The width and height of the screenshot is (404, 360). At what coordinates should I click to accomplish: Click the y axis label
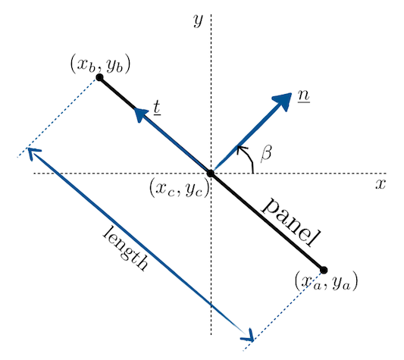coord(198,20)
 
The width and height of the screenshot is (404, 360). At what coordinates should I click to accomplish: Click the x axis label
coord(381,183)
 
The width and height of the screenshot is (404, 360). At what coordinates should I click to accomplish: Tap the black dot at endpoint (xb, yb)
coord(99,77)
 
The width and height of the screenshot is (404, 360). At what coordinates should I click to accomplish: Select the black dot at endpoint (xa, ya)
coord(324,270)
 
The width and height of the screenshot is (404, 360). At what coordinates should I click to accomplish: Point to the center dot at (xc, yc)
coord(211,174)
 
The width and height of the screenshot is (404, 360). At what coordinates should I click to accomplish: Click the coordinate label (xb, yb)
coord(100,64)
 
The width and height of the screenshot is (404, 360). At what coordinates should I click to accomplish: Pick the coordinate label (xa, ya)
coord(326,281)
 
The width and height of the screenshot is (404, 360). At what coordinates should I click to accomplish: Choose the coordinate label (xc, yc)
coord(180,188)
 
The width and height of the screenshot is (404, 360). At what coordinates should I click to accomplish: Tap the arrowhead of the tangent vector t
coord(140,114)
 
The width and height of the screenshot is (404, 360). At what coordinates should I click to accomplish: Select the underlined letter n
coord(304,95)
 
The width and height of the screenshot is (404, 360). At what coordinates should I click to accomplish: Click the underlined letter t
coord(157,107)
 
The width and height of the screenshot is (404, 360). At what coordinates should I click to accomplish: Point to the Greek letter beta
coord(266,154)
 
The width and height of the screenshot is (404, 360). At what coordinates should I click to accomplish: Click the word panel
coord(291,222)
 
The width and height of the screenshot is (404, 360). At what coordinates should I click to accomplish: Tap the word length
coord(126,248)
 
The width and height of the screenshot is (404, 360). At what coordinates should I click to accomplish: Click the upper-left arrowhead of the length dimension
coord(32,152)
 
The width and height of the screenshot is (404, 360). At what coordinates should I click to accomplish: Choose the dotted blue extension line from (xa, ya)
coord(283,311)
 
